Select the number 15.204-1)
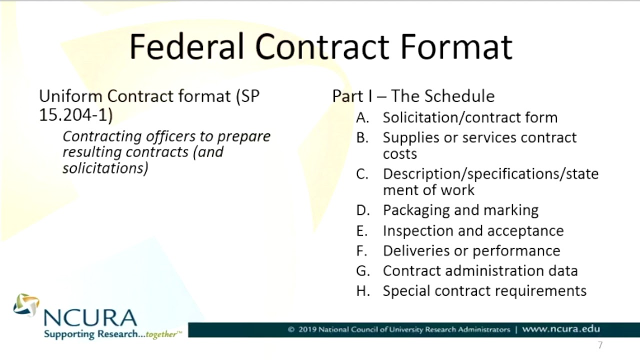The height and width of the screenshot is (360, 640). [x=75, y=114]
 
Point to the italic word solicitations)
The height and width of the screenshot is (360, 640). [x=105, y=168]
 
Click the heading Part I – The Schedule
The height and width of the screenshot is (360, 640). [x=413, y=96]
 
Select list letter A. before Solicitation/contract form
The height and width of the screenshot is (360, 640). [x=362, y=117]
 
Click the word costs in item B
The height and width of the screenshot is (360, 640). [x=399, y=153]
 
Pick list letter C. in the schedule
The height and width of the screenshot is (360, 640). [x=362, y=174]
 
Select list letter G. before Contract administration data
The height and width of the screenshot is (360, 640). [x=363, y=271]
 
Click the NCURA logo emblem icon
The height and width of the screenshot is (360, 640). [x=26, y=305]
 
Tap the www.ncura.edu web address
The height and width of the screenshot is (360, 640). [x=560, y=329]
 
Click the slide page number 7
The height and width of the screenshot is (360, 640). [x=600, y=345]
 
